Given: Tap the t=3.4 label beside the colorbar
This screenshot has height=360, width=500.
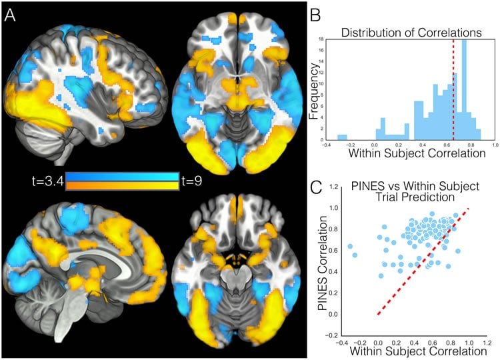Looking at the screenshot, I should (45, 181).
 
